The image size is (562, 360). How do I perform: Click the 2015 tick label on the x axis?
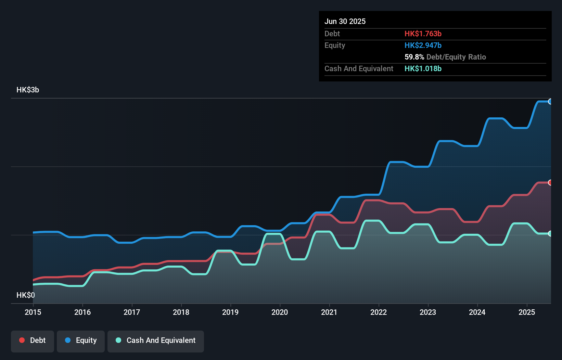(33, 312)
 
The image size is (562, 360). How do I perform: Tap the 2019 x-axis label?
(230, 312)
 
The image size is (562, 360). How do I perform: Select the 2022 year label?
(379, 312)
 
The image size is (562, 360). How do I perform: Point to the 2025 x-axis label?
(526, 312)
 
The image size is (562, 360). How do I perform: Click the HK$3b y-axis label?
(28, 90)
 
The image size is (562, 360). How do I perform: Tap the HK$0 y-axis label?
(26, 295)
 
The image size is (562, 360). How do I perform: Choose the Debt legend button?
(33, 340)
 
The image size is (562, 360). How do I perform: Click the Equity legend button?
(81, 340)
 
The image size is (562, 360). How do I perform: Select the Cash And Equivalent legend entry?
(156, 340)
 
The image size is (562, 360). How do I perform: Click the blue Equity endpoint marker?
(550, 102)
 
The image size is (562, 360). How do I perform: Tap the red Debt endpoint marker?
(550, 183)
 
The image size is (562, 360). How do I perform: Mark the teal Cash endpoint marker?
(550, 234)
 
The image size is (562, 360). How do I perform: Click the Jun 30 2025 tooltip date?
(345, 21)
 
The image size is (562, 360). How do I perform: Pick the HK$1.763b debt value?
(423, 34)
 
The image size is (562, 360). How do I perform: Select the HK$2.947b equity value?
(423, 45)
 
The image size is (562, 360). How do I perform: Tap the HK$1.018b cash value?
(423, 68)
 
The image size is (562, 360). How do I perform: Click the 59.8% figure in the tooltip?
(414, 57)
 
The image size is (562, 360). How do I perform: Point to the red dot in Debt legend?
(22, 340)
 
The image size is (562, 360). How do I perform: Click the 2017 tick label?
(132, 312)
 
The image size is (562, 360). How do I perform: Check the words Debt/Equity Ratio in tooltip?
(456, 57)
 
